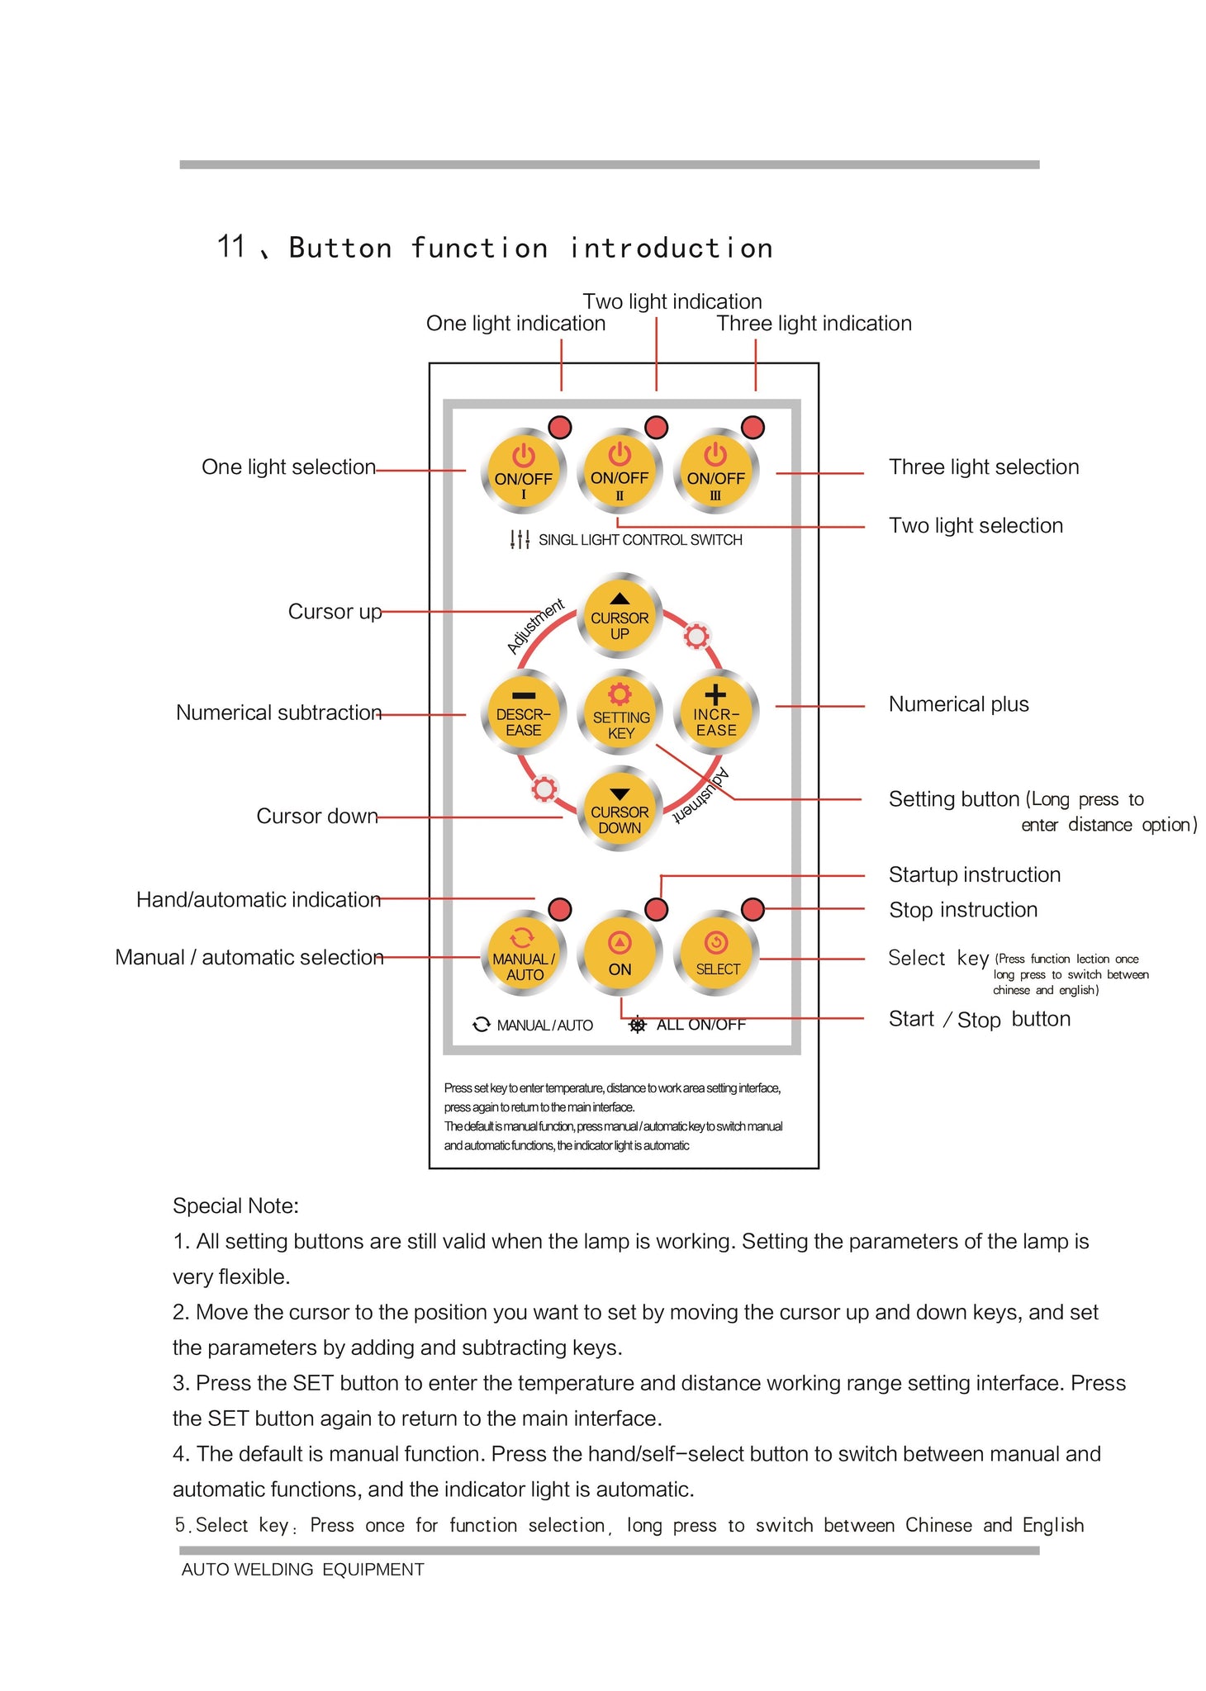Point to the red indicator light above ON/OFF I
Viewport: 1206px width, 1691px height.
click(560, 427)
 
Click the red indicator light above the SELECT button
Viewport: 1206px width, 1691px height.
click(753, 909)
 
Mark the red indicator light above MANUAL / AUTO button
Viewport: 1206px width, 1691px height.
click(560, 909)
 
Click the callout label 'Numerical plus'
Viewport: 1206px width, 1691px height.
click(958, 704)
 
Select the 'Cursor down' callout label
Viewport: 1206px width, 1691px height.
click(316, 816)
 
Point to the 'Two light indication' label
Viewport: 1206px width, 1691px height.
click(672, 301)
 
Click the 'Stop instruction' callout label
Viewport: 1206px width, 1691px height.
click(963, 910)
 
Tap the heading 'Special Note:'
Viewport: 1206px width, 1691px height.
click(235, 1205)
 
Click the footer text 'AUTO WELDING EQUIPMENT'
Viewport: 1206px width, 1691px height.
click(302, 1570)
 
